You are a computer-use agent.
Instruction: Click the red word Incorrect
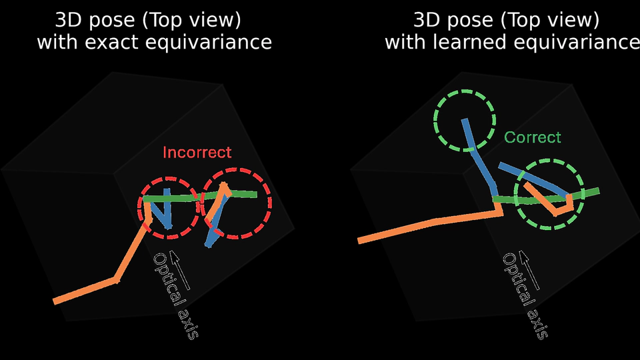[x=197, y=152]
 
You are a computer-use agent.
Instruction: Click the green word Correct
[x=533, y=137]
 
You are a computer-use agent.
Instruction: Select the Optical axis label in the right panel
[x=525, y=296]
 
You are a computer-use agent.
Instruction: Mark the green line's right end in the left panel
[x=255, y=195]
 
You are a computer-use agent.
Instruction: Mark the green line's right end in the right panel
[x=597, y=192]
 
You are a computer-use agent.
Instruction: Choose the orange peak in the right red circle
[x=225, y=186]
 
